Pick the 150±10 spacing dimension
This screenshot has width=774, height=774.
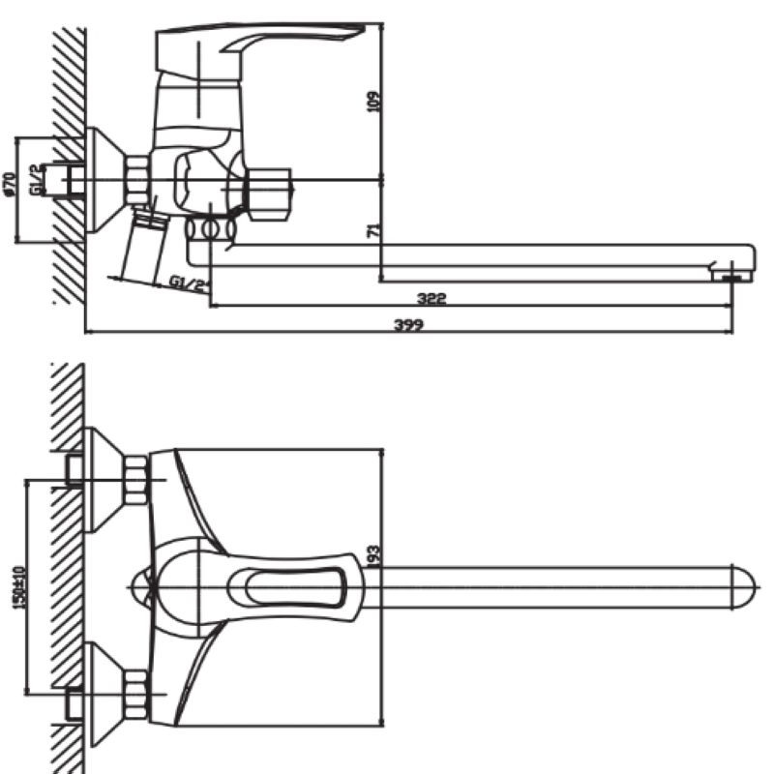click(x=18, y=585)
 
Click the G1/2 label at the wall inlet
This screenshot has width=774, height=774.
click(x=36, y=180)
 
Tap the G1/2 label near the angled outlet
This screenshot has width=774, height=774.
click(x=189, y=283)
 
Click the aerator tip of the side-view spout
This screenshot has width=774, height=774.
click(x=731, y=274)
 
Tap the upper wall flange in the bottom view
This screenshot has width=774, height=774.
click(x=102, y=480)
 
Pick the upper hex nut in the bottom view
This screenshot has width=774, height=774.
click(x=136, y=480)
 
